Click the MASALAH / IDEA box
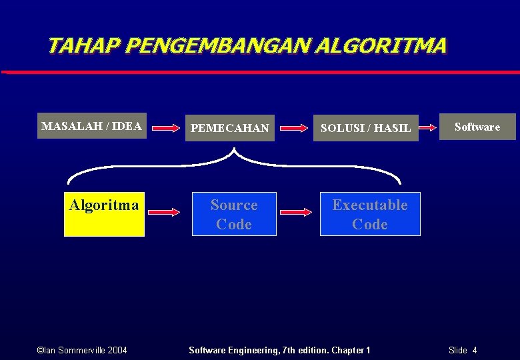pyautogui.click(x=91, y=126)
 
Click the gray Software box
pyautogui.click(x=477, y=127)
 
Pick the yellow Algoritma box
pyautogui.click(x=104, y=213)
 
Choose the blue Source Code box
pyautogui.click(x=234, y=214)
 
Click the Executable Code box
pyautogui.click(x=370, y=214)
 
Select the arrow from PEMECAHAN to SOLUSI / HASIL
pyautogui.click(x=295, y=127)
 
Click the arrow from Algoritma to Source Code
pyautogui.click(x=164, y=212)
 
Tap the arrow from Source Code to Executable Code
pyautogui.click(x=295, y=212)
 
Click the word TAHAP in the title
pyautogui.click(x=83, y=46)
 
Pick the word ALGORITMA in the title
pyautogui.click(x=381, y=46)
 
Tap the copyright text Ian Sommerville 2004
pyautogui.click(x=82, y=350)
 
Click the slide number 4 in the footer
pyautogui.click(x=474, y=350)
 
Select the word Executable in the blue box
pyautogui.click(x=370, y=205)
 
